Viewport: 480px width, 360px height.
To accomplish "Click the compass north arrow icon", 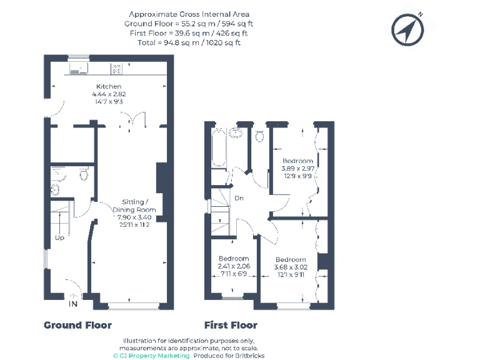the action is coord(407,30).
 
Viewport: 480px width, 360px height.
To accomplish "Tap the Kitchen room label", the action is coord(109,87).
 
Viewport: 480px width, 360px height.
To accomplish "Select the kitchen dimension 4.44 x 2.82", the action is coord(109,94).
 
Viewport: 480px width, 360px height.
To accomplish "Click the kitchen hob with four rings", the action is coord(116,69).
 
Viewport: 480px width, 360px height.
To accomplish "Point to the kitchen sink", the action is coord(79,69).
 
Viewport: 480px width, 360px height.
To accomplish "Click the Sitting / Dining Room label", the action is coord(134,206).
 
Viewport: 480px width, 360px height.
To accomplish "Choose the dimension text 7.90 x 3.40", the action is coord(134,217).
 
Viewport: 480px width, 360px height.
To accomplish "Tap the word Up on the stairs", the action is coord(60,238).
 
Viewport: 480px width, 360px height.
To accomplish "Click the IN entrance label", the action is coord(73,304).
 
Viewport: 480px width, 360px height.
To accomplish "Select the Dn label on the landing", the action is coord(239,198).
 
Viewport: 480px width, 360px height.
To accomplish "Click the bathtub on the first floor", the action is coord(219,147).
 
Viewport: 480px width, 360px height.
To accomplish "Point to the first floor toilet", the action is coord(259,136).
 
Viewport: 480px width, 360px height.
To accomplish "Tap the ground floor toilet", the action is coord(84,174).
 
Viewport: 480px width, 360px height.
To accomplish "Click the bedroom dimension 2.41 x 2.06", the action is coord(234,266).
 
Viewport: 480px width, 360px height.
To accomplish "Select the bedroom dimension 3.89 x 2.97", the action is coord(298,168).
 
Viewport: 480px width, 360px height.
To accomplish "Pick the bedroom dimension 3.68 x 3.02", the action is coord(291,267).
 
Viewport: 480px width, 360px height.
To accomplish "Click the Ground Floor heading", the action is coord(77,325).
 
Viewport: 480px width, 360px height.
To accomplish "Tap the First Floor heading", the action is coord(231,325).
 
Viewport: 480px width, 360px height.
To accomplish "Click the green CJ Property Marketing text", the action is coord(151,356).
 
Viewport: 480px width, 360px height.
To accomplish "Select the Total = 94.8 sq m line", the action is coord(189,42).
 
